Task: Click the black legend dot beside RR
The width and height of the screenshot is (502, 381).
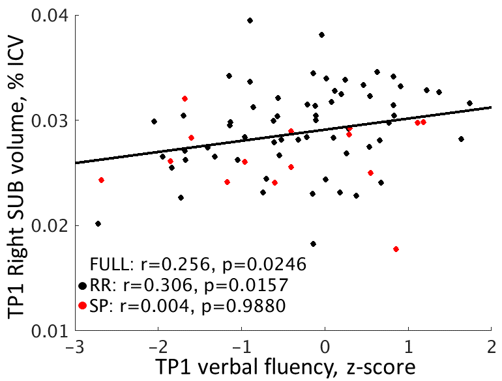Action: (x=82, y=285)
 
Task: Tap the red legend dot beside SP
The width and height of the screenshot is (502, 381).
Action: (x=82, y=305)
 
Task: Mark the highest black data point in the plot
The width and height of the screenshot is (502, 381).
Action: (x=250, y=21)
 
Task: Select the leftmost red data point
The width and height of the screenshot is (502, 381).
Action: (x=101, y=180)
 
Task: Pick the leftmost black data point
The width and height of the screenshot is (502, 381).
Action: (x=98, y=223)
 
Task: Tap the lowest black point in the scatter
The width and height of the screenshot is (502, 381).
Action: (x=314, y=244)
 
